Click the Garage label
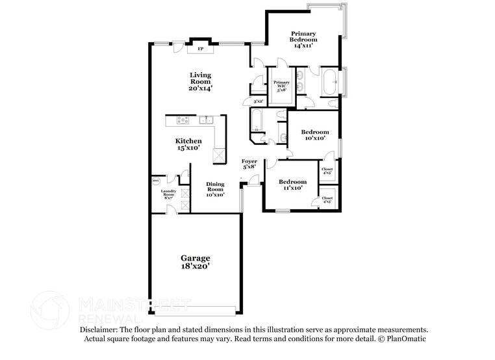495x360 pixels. tap(195, 258)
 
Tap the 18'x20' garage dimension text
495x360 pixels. tap(195, 266)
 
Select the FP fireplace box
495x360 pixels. tap(200, 48)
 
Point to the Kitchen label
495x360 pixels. tap(188, 141)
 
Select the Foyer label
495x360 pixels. tap(249, 161)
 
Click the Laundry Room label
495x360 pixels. tap(168, 193)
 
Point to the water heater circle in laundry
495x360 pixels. tap(156, 181)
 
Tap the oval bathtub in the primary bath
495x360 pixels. tap(328, 83)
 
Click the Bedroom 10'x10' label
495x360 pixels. tap(314, 135)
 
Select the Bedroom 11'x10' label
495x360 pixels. tap(292, 185)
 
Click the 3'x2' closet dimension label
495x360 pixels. tap(258, 101)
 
